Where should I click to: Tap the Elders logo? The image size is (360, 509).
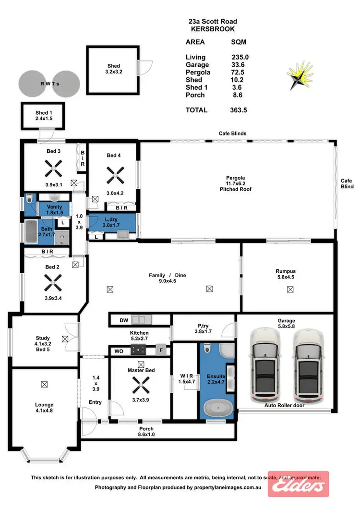298,487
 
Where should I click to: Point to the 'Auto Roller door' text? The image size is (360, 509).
285,405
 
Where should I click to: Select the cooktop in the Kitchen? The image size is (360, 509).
141,351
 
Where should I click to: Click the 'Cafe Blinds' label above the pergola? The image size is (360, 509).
233,133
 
